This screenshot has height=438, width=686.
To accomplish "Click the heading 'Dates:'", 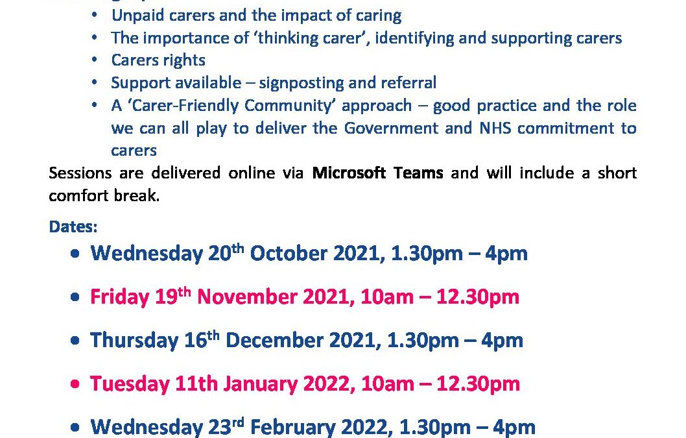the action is [73, 226].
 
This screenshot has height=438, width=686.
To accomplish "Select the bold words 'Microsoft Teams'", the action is [377, 173].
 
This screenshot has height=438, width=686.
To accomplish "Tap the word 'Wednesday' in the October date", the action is [147, 254].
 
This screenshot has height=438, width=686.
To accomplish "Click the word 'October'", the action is [289, 253].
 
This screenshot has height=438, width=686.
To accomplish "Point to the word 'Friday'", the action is [119, 297].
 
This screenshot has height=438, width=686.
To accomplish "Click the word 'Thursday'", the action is [134, 340].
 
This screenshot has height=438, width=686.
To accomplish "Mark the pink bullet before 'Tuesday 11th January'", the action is [75, 384].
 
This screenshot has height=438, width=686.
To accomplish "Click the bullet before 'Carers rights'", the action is [95, 60].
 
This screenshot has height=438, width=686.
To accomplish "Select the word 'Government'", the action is [391, 128].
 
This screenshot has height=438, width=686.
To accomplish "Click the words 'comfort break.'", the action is [104, 195].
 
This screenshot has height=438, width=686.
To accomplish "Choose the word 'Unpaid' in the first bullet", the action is [137, 16].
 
